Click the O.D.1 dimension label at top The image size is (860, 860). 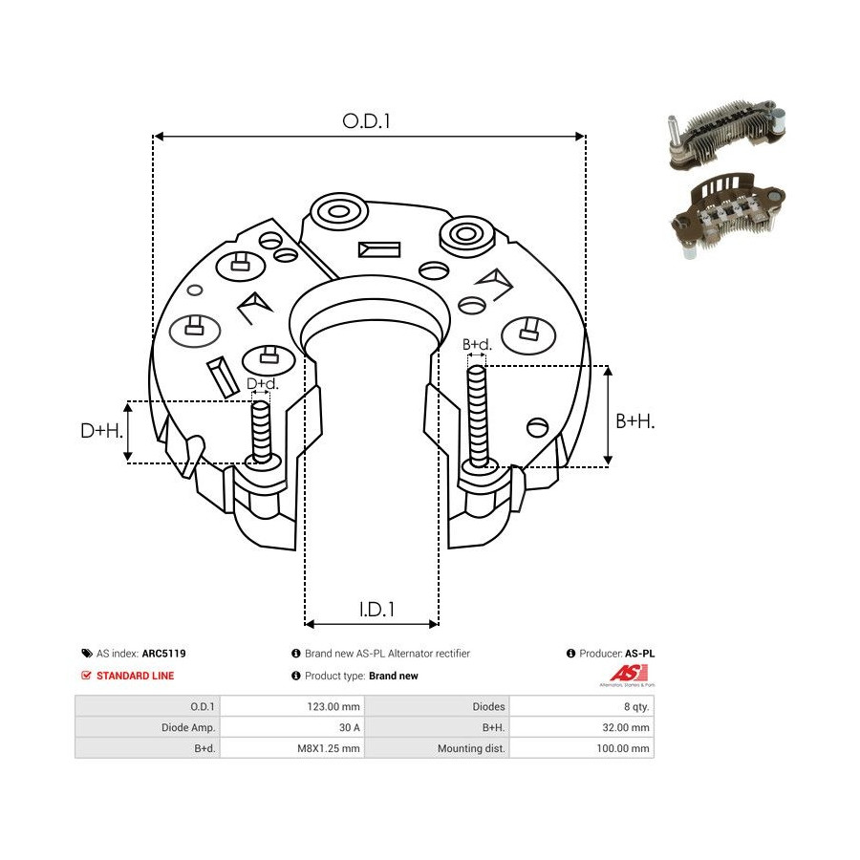tap(368, 121)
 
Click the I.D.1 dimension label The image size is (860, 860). tap(376, 609)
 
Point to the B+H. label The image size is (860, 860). tap(634, 420)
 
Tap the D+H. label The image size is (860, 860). tap(101, 431)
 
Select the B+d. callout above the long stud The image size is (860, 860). tap(477, 344)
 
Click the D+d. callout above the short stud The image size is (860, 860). tap(262, 384)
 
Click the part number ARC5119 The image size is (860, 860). tap(163, 654)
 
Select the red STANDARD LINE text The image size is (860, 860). tap(135, 676)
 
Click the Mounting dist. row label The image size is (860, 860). tap(471, 748)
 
